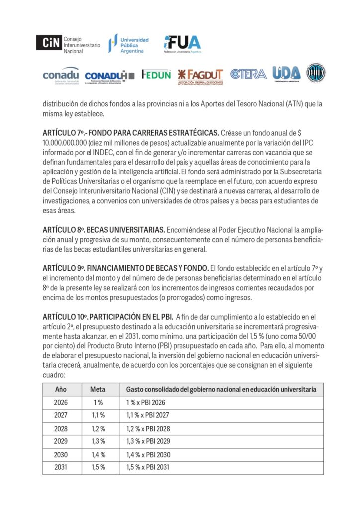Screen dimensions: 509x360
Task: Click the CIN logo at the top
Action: (x=68, y=45)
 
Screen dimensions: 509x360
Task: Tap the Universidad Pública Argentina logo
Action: (x=129, y=44)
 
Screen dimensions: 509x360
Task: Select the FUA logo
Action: (x=182, y=44)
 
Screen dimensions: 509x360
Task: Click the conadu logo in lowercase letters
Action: (x=61, y=76)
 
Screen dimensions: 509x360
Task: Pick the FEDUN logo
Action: (x=156, y=75)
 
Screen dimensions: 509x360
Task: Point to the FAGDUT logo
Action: (x=200, y=77)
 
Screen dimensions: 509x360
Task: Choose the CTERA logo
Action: (x=248, y=74)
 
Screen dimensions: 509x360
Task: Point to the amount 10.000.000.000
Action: (x=69, y=142)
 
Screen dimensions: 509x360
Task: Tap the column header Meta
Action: (x=97, y=389)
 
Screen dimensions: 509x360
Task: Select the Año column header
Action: (x=61, y=389)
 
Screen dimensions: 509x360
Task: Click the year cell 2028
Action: (x=61, y=428)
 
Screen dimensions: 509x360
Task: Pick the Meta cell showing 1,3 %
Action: (x=97, y=441)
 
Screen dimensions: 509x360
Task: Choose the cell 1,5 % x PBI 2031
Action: (x=148, y=467)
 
